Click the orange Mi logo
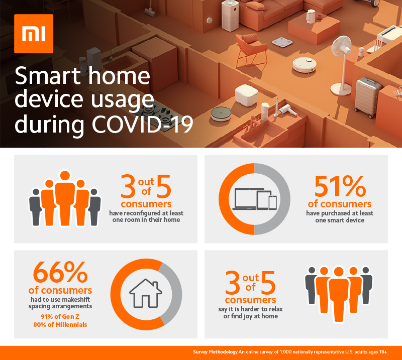pyautogui.click(x=30, y=34)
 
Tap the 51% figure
pyautogui.click(x=340, y=187)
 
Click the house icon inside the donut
pyautogui.click(x=145, y=293)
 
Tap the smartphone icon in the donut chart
pyautogui.click(x=272, y=202)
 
